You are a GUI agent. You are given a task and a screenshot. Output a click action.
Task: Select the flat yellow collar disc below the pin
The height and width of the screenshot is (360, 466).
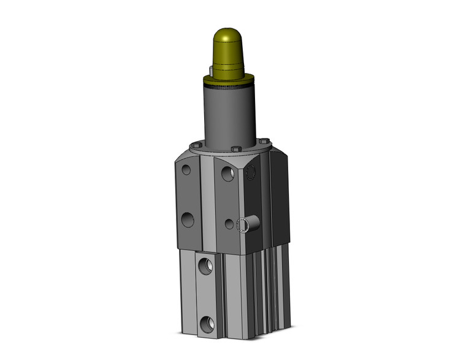tap(229, 79)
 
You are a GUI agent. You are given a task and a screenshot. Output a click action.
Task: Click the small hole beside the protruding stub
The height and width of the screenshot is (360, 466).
tap(229, 224)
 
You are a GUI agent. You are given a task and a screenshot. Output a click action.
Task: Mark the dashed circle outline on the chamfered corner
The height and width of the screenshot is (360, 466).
tap(250, 175)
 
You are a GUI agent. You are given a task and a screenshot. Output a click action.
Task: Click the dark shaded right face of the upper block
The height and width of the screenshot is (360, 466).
tap(277, 196)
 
